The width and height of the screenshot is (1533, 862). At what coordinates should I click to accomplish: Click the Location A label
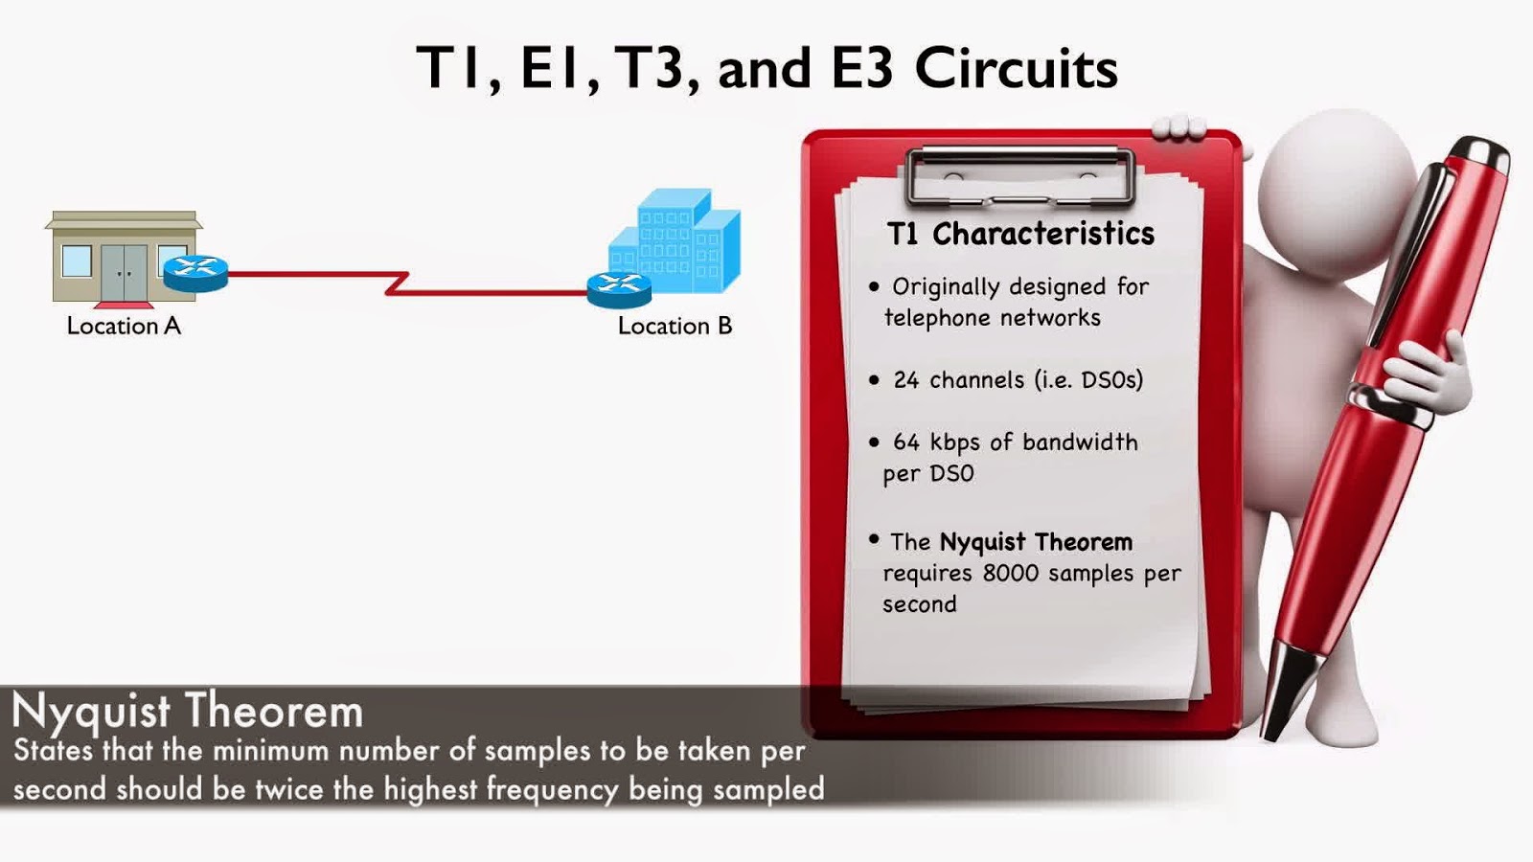pyautogui.click(x=124, y=326)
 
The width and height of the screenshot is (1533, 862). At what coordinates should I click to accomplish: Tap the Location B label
pyautogui.click(x=675, y=326)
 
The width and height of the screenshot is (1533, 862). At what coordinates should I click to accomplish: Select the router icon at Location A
pyautogui.click(x=195, y=272)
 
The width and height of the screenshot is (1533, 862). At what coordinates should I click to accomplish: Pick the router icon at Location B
pyautogui.click(x=619, y=288)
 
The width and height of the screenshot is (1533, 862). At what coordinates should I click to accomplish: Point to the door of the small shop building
pyautogui.click(x=125, y=272)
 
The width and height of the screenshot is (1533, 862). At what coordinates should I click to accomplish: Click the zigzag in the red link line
pyautogui.click(x=397, y=284)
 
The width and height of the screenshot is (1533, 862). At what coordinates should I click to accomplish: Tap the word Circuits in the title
pyautogui.click(x=1016, y=69)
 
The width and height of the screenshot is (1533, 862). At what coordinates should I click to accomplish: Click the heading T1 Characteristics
pyautogui.click(x=1020, y=234)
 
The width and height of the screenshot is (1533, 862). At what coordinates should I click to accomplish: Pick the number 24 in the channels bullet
pyautogui.click(x=905, y=380)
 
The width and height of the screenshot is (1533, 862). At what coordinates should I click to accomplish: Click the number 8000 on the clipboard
pyautogui.click(x=1010, y=573)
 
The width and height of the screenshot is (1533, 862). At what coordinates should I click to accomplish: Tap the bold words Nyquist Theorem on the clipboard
pyautogui.click(x=1036, y=542)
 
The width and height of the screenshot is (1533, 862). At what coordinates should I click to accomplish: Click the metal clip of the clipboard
pyautogui.click(x=1020, y=176)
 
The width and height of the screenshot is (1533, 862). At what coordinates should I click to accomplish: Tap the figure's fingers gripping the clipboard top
pyautogui.click(x=1179, y=126)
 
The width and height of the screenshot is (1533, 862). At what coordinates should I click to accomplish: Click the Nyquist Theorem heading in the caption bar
pyautogui.click(x=188, y=712)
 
